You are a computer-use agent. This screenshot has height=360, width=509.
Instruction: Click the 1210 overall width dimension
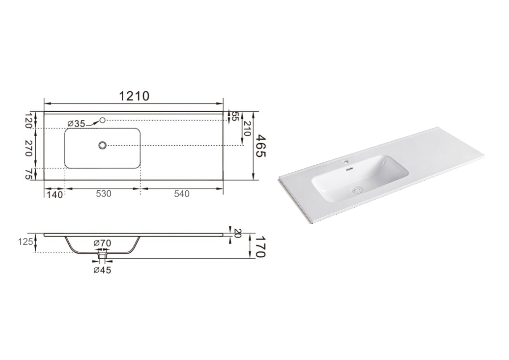[134, 96]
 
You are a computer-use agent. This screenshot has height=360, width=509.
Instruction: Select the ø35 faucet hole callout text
[76, 124]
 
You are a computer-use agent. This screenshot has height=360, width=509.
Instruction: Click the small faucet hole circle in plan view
[102, 120]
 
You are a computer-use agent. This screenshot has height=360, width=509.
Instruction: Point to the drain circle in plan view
[102, 145]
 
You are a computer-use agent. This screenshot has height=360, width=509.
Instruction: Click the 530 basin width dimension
[104, 193]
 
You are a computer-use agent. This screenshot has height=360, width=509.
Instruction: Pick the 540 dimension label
[182, 193]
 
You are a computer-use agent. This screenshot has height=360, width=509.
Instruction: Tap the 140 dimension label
[55, 195]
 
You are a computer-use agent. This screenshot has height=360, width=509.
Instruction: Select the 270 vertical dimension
[28, 148]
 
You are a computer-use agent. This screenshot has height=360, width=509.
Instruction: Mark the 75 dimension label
[28, 174]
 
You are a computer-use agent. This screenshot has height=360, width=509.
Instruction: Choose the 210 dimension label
[247, 129]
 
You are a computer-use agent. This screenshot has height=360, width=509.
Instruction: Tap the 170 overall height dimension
[260, 247]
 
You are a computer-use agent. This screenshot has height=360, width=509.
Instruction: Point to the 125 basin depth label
[26, 241]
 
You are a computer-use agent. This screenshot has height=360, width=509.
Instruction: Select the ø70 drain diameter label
[102, 243]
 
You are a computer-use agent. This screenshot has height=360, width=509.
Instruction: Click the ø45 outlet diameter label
[102, 270]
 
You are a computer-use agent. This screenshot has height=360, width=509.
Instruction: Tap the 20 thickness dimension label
[237, 233]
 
